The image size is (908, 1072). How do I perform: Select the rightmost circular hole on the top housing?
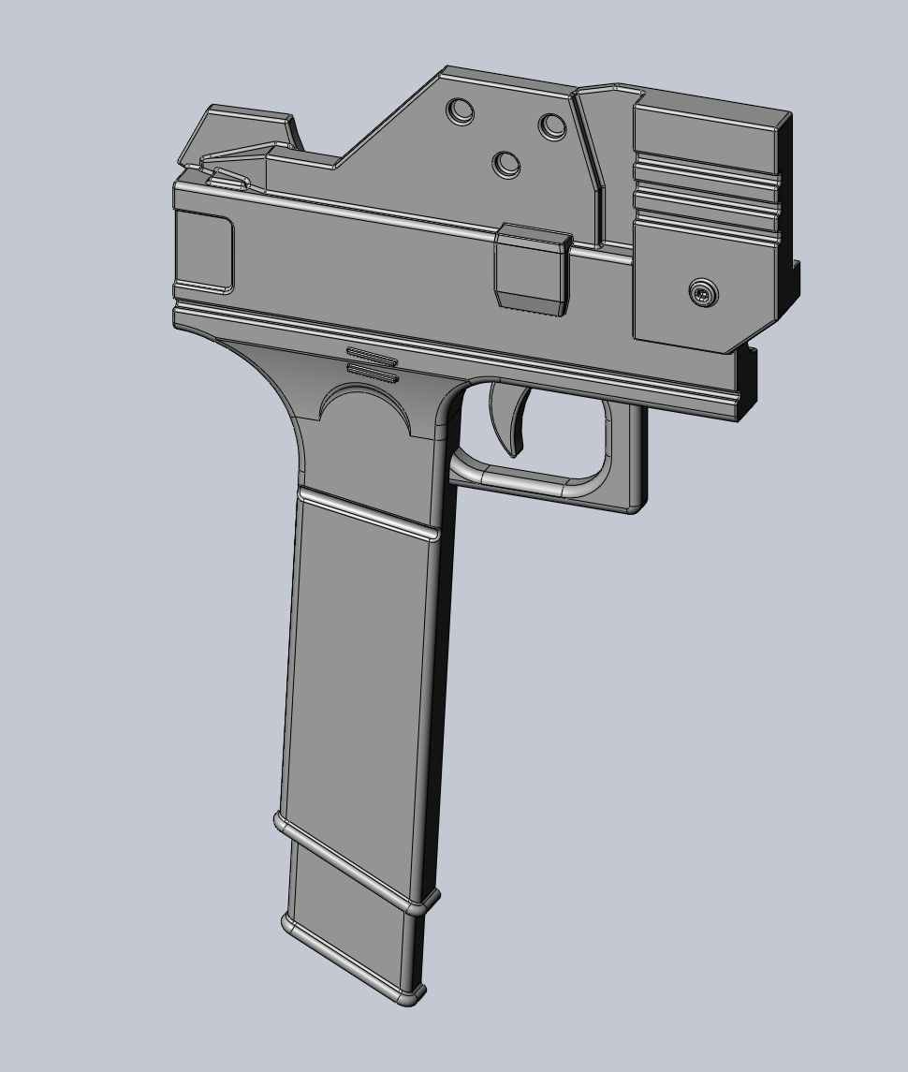coord(551,125)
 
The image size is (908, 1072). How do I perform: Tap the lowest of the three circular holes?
coord(506,164)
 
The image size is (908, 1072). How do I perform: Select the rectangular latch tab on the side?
coord(532,268)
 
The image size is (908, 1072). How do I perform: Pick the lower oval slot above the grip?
coord(373,372)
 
